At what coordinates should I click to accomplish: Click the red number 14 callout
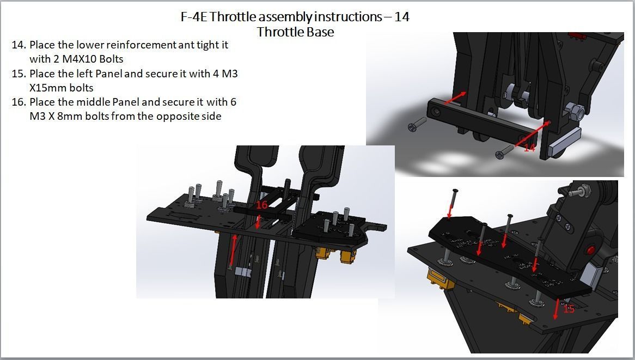coord(529,148)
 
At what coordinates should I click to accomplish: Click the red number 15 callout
coord(569,309)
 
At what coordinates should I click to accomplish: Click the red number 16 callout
coord(261,205)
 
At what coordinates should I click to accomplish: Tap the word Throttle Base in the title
coord(295,32)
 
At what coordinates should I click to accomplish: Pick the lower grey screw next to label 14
coord(505,152)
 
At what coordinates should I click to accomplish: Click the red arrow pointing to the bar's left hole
coord(455,98)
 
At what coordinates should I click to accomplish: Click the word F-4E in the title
coord(194,17)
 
